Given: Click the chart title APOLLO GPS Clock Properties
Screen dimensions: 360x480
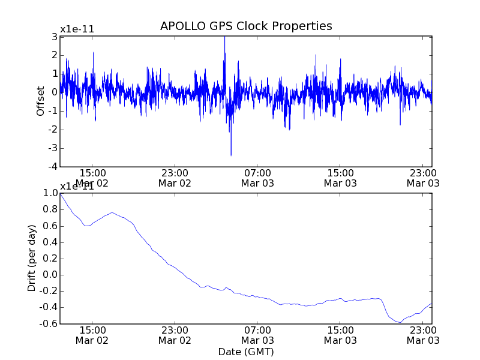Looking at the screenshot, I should point(246,26).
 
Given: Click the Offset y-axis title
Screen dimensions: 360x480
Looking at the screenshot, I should point(41,101).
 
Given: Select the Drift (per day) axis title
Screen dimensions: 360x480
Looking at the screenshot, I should point(32,258).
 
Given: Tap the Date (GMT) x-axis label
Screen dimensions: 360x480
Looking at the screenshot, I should point(246,351).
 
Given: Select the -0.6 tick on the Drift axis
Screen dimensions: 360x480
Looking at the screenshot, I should point(47,324).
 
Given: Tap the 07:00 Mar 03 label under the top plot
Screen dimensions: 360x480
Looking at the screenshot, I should point(257,177).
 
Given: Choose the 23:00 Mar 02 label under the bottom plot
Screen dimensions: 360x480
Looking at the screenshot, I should point(175,335).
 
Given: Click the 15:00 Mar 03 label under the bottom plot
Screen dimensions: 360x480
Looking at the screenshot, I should point(340,335).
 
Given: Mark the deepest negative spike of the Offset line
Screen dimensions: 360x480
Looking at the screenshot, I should point(231,155).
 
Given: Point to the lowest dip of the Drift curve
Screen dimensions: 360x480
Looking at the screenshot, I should point(400,322).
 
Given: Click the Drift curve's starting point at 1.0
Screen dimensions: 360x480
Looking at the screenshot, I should point(61,194).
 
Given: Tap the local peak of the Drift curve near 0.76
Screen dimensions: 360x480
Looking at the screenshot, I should point(112,212).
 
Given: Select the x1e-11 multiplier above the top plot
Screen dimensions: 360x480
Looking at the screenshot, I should point(77,29).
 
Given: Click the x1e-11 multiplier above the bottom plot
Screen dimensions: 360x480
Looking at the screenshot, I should point(77,186).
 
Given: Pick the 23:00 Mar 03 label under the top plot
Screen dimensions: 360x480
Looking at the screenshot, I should point(423,177).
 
